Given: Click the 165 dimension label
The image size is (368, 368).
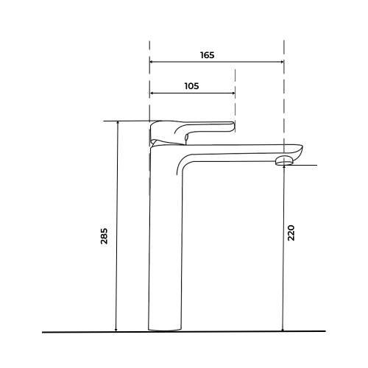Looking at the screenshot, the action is point(208,55).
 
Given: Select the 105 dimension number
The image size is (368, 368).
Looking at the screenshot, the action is point(191,86).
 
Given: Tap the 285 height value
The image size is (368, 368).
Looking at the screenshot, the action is point(104,236).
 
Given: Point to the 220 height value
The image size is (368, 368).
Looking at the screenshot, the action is point(291,233).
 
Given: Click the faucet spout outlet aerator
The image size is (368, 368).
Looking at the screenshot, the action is point(284,161).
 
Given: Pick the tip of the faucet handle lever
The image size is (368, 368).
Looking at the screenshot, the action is point(233,126).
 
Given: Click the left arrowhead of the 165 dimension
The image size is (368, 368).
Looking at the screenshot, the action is point(152,62).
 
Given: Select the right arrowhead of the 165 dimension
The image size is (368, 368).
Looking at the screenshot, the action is point(282,62).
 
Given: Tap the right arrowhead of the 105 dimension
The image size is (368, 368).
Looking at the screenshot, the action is point(233,93).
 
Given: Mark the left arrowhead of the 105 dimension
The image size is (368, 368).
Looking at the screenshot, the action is point(152,93).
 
